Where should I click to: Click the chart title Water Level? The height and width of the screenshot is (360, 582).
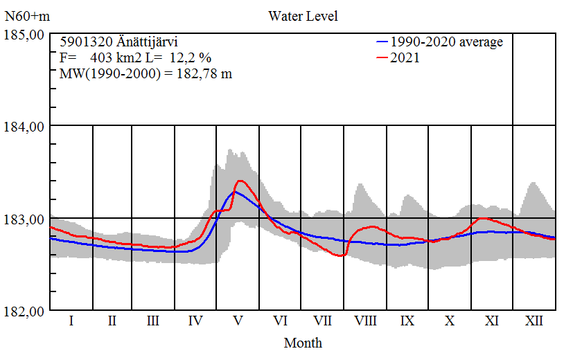pos(303,15)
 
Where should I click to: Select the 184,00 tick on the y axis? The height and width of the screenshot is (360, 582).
pos(25,127)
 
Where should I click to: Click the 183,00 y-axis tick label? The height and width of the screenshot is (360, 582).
pos(25,219)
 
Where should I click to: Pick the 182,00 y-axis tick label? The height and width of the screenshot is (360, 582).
pos(25,312)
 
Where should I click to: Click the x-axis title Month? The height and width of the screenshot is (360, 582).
pos(303,342)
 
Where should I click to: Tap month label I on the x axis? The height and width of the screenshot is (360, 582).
pos(71,321)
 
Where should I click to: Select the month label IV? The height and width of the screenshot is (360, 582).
pos(195,321)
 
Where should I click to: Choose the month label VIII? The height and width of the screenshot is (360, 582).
pos(365,321)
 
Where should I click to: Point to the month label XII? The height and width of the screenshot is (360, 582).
pos(534,321)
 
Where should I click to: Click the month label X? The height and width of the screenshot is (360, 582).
pos(450,321)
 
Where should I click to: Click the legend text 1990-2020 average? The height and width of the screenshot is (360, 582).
pos(446,42)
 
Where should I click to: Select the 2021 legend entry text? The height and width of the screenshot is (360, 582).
pos(405,58)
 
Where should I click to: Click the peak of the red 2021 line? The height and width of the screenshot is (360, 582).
pos(240,181)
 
